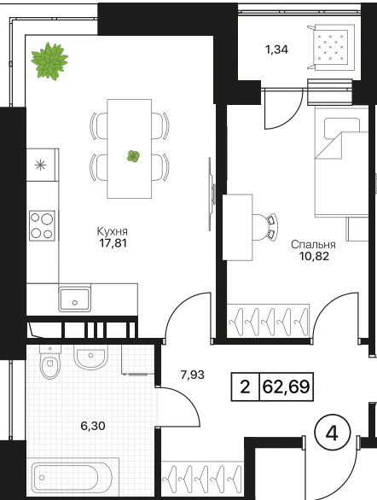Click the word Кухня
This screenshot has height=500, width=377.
point(112,231)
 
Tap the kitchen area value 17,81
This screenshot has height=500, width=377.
point(113,243)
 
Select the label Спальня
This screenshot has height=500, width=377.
point(313,245)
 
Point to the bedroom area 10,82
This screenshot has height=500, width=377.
point(314,256)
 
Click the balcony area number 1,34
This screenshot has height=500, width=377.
point(276,49)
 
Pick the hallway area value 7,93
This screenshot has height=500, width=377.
point(192,375)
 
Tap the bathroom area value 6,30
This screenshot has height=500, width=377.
point(93,426)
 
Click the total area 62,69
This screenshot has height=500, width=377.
point(287,387)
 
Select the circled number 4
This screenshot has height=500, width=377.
point(333,433)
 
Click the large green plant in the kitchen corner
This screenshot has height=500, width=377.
point(49,61)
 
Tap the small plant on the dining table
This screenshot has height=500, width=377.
point(133,156)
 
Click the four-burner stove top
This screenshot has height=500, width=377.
point(42,225)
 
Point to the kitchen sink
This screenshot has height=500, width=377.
point(74,299)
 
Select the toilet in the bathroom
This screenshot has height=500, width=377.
point(50,361)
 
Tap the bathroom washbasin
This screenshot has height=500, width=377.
point(90,357)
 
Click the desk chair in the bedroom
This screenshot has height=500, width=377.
point(264,227)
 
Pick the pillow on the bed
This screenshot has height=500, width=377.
point(342,129)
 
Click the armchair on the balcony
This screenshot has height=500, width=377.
point(331,47)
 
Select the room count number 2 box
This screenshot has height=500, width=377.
point(245,387)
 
